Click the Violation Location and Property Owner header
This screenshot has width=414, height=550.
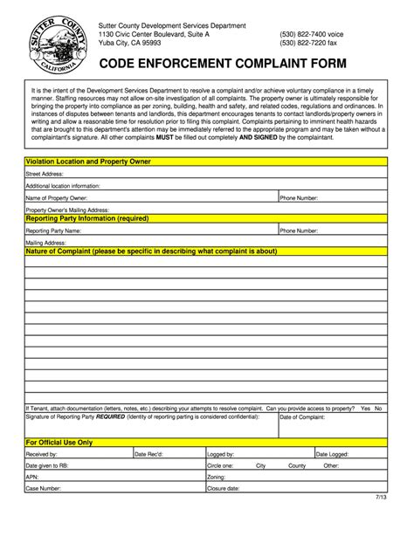point(100,162)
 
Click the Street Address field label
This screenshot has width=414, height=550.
point(45,174)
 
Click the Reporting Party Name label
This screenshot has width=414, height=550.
point(54,230)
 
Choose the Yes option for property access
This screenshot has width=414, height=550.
point(365,408)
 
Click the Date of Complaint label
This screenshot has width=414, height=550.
point(302,417)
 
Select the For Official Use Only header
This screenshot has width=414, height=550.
point(59,443)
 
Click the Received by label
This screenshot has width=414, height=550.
point(42,454)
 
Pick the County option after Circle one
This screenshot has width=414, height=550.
point(297,465)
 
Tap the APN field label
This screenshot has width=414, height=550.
point(32,477)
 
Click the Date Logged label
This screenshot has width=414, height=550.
point(332,454)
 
